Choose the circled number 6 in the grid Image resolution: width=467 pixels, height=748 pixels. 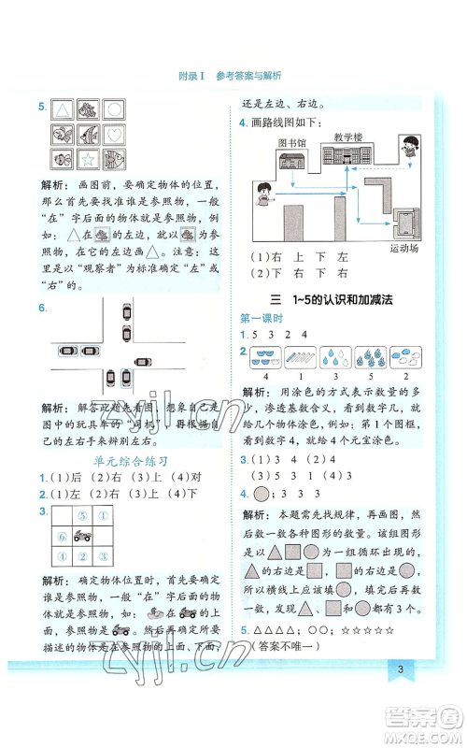click(64, 537)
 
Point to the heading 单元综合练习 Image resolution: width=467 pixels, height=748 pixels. click(131, 461)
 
